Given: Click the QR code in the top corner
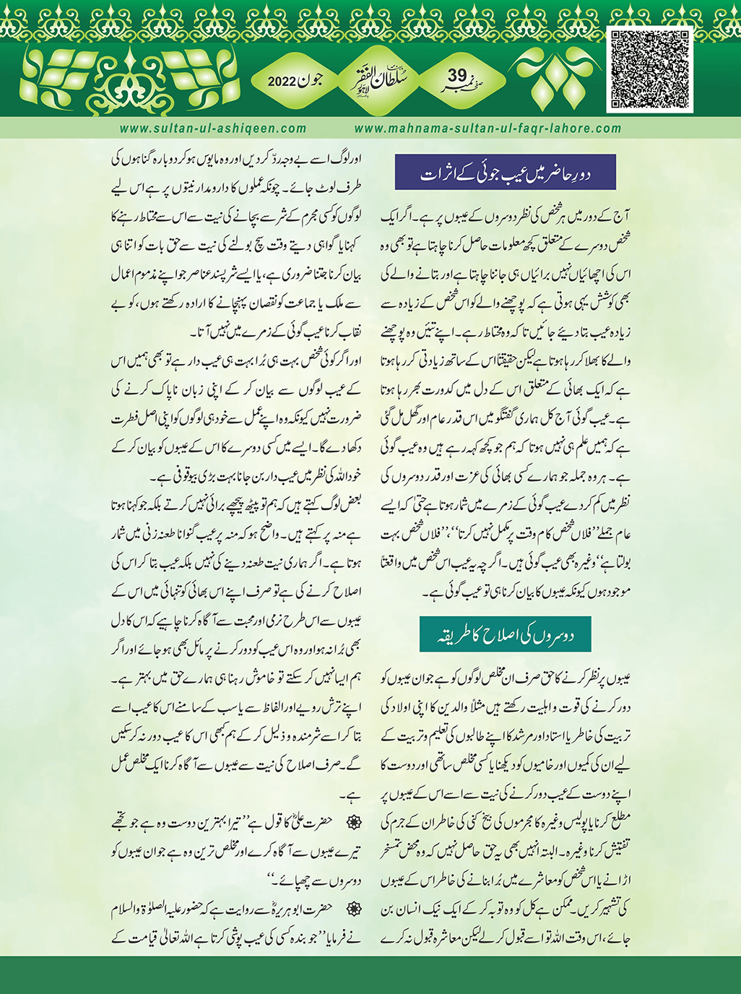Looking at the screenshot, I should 650,70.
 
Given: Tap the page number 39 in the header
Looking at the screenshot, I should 458,76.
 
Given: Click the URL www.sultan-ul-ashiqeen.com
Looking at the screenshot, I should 213,129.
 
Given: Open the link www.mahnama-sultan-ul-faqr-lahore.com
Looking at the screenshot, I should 488,129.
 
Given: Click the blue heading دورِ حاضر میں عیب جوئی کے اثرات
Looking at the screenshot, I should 505,173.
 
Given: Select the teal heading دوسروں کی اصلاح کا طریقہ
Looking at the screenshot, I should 505,634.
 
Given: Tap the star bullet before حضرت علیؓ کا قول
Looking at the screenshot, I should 354,822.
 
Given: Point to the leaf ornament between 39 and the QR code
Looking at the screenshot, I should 549,78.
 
